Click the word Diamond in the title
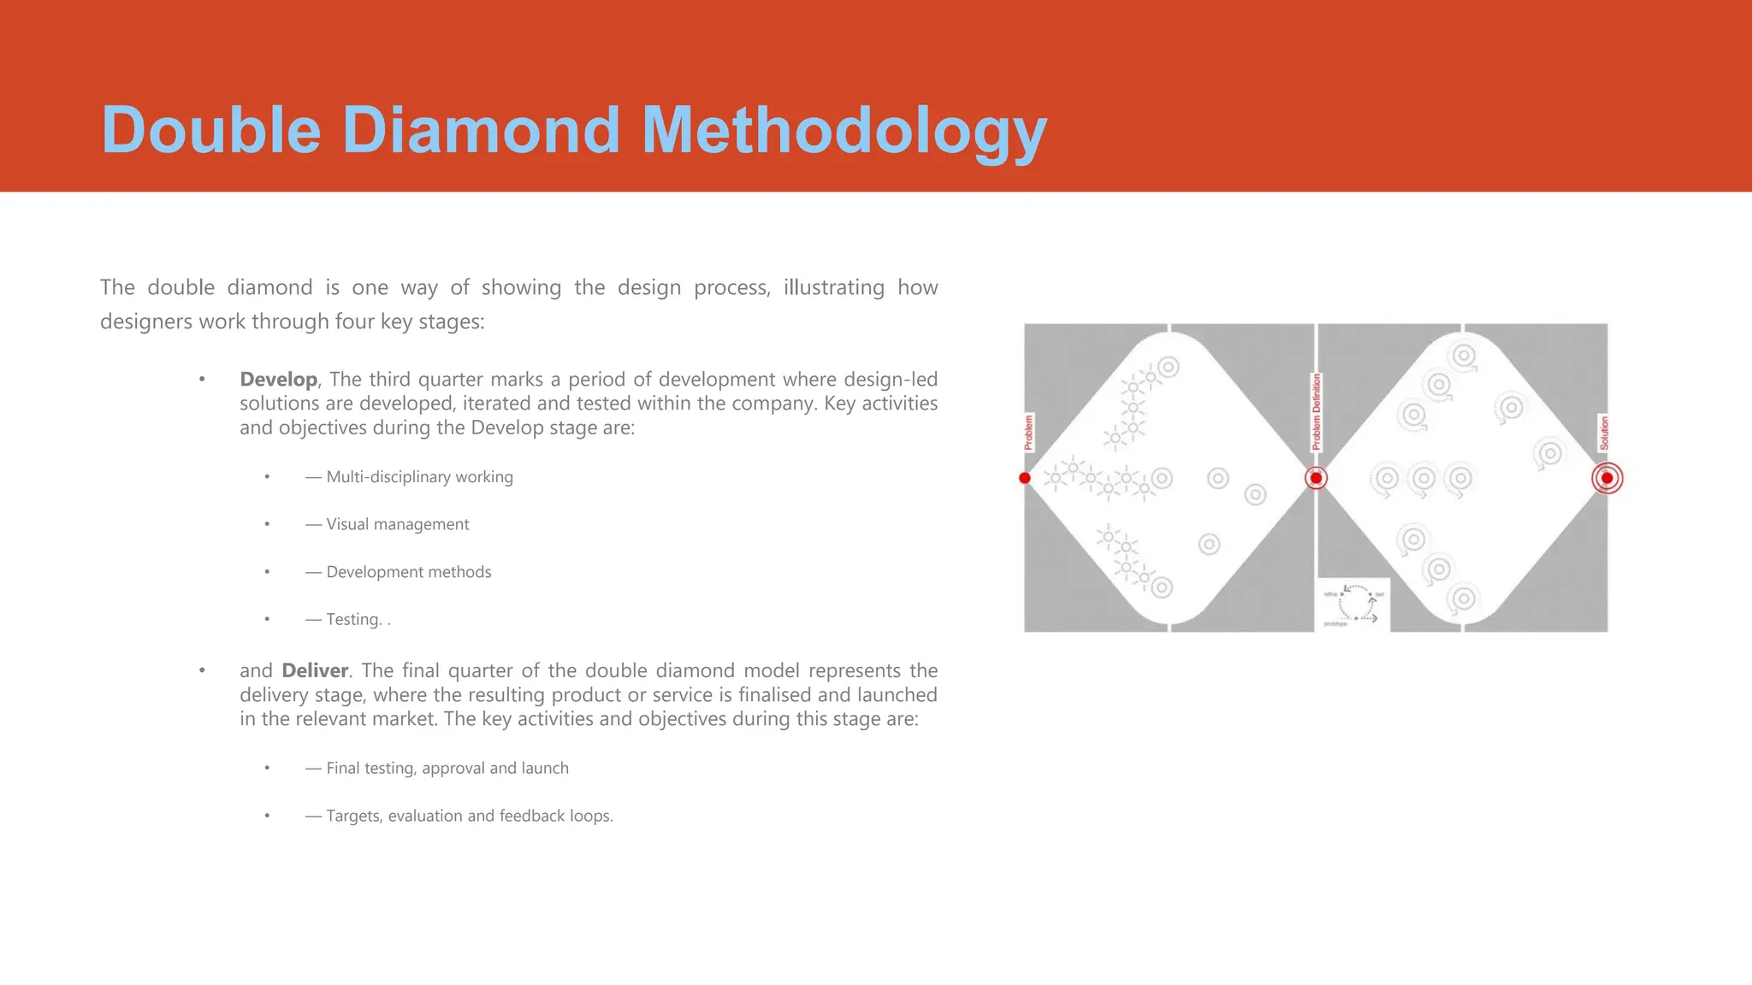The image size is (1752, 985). [481, 130]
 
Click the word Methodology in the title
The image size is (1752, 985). [843, 130]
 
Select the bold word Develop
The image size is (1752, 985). [278, 379]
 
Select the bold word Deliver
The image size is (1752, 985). [315, 670]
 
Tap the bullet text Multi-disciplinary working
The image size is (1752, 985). [419, 477]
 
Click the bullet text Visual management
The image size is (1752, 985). [398, 524]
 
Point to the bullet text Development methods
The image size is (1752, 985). [409, 572]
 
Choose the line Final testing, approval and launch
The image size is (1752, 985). [447, 768]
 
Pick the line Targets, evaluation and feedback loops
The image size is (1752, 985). [470, 816]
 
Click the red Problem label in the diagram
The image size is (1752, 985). [1028, 432]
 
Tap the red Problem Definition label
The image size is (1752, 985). [1317, 411]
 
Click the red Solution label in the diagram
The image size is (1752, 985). [1604, 433]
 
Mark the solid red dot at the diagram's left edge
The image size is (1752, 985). [1025, 478]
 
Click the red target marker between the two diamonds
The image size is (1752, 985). [1316, 478]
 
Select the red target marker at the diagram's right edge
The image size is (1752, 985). [1607, 478]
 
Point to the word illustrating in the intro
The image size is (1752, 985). [833, 287]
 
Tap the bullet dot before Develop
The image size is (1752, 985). [202, 379]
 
